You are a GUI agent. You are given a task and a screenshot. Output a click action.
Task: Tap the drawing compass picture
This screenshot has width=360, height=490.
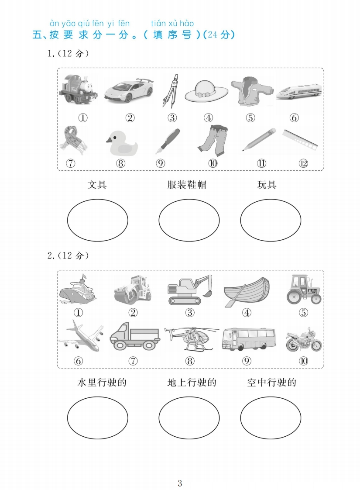tap(172, 91)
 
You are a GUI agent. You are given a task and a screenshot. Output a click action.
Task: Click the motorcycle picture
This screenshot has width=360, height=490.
tap(304, 339)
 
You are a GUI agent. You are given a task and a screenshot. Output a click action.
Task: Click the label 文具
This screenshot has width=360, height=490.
tap(97, 185)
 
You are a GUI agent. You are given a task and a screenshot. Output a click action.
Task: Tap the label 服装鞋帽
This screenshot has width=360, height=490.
tap(187, 185)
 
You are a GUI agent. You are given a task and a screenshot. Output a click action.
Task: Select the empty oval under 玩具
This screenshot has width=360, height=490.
tap(271, 220)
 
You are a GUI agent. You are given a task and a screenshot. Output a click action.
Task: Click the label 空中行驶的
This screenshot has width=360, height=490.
tap(271, 383)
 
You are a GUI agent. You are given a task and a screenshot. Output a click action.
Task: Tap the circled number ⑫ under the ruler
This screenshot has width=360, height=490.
tap(303, 163)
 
